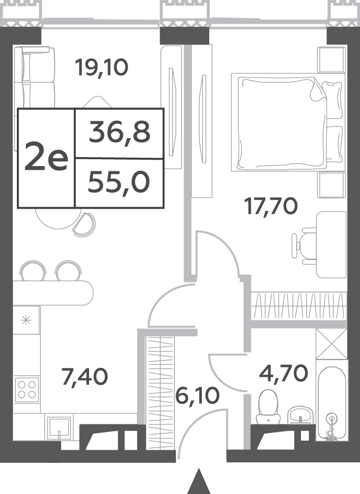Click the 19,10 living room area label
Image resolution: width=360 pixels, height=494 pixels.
pos(102,68)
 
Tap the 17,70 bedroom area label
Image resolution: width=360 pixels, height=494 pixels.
pos(271,207)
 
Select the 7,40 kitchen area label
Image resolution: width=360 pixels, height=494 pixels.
pos(85,377)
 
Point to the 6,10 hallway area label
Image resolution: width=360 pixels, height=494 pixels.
pos(198,396)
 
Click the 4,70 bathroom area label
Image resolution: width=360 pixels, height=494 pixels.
pos(284,373)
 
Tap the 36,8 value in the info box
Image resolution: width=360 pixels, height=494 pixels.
pos(120,133)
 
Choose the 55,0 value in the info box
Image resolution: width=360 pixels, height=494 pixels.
pos(119,183)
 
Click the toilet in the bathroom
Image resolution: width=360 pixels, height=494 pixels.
pos(268,406)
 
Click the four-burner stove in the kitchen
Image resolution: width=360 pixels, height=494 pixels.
pos(27,390)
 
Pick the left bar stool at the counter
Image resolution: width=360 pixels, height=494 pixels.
pos(33,270)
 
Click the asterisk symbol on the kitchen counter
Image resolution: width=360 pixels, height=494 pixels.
pos(26,321)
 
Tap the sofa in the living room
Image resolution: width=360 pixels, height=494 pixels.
pos(34,82)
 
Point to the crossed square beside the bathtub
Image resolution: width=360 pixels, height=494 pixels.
pos(332,344)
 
